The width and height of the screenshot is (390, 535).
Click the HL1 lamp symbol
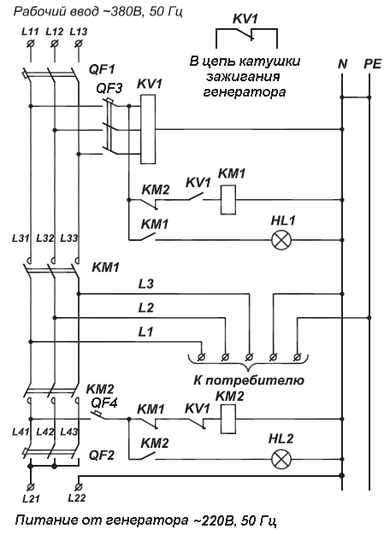[x=281, y=240]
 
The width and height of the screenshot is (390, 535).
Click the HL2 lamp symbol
[x=281, y=459]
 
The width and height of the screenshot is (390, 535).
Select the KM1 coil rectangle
[x=227, y=200]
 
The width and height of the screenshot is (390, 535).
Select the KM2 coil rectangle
[x=227, y=419]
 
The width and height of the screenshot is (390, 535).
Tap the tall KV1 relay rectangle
[x=148, y=129]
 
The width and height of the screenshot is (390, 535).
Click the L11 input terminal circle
[x=31, y=44]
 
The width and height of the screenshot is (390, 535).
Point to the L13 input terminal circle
[x=79, y=44]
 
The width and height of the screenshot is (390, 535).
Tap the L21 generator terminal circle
[x=31, y=487]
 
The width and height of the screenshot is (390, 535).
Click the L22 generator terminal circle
[x=79, y=487]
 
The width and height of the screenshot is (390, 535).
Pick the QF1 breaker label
[x=102, y=69]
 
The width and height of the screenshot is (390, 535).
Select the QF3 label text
[x=109, y=89]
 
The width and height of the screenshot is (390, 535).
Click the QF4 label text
[x=104, y=403]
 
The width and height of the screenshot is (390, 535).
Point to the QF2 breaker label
[x=102, y=456]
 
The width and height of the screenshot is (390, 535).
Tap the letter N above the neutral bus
[x=342, y=64]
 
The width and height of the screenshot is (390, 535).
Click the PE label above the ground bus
[x=372, y=64]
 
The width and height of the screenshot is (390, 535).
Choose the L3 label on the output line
[x=146, y=284]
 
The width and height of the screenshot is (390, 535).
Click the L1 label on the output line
[x=146, y=332]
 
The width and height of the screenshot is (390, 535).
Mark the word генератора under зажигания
[x=244, y=92]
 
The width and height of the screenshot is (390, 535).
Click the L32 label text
[x=45, y=238]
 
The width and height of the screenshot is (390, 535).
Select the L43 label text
[x=69, y=432]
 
